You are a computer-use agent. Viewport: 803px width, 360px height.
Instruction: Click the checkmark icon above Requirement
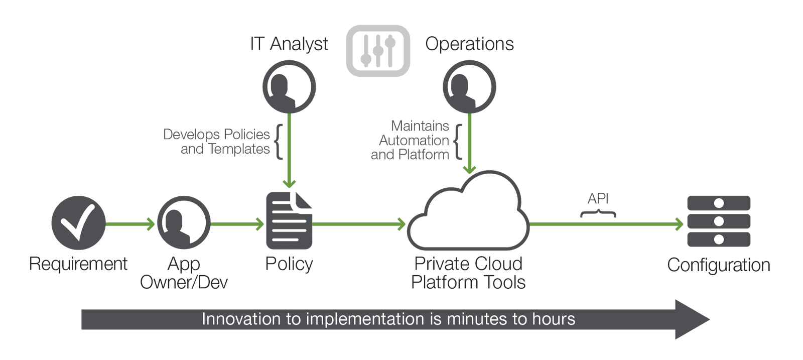(78, 223)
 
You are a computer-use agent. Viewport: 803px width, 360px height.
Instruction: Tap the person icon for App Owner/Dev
(184, 223)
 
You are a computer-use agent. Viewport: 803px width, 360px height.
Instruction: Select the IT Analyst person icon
(289, 87)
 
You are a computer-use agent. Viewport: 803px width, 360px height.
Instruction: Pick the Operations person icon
(469, 87)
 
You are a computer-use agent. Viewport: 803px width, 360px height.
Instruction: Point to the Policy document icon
(289, 221)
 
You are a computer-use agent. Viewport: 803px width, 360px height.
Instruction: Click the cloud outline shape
(468, 213)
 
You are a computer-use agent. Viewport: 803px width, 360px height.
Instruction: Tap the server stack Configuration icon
(719, 221)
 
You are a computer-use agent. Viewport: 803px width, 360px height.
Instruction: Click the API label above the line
(598, 199)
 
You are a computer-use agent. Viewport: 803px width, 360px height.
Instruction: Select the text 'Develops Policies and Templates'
(217, 142)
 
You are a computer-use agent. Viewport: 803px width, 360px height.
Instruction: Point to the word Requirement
(78, 264)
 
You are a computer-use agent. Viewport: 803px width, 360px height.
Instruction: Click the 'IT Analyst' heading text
(289, 44)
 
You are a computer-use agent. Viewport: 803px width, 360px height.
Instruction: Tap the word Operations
(470, 44)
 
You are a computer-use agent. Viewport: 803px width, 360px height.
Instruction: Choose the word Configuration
(719, 265)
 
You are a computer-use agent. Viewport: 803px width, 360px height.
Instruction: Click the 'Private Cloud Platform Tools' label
(468, 273)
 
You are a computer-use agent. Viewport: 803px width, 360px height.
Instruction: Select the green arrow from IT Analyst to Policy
(290, 151)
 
